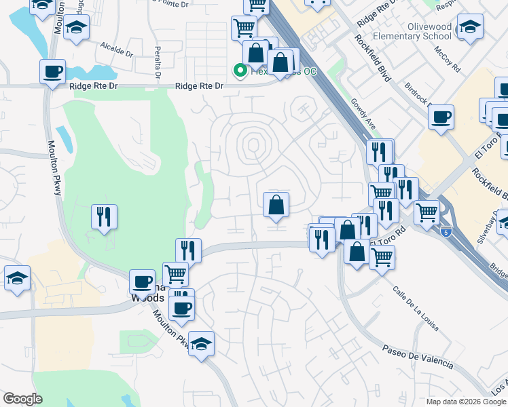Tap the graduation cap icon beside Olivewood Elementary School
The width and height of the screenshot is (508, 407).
[469, 27]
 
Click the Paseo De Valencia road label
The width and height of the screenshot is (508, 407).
[417, 357]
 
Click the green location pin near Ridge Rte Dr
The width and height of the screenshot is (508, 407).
[240, 69]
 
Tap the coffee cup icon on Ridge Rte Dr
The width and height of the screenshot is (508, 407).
[52, 71]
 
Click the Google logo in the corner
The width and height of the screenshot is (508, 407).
[22, 399]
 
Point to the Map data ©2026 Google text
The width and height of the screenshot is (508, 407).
[466, 402]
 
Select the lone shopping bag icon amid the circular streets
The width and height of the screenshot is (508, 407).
[276, 204]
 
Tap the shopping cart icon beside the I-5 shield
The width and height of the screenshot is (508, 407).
[427, 212]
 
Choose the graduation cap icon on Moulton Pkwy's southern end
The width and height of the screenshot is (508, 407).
[201, 343]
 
